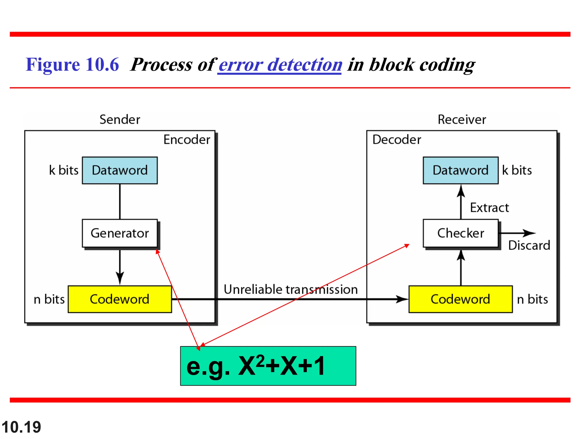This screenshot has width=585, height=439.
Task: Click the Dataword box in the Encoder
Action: click(x=120, y=170)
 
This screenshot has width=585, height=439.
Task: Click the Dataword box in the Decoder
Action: click(x=460, y=170)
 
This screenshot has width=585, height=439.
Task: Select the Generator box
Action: click(x=120, y=233)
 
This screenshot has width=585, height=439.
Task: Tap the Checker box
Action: click(x=460, y=233)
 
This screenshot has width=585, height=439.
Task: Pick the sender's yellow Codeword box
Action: click(x=120, y=299)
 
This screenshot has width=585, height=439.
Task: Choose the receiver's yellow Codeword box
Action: click(x=460, y=299)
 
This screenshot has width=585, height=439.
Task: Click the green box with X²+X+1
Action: click(x=268, y=366)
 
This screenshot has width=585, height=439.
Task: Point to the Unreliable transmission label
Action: click(x=291, y=290)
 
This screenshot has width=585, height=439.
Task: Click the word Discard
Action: click(x=529, y=246)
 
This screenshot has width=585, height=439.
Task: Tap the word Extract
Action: click(x=489, y=208)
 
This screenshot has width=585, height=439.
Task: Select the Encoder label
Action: click(x=187, y=140)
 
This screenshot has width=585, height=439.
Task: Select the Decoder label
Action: click(x=396, y=140)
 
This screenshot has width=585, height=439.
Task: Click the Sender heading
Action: click(x=120, y=119)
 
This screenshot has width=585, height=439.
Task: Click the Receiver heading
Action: click(x=462, y=119)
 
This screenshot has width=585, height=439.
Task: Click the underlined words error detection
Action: click(x=280, y=65)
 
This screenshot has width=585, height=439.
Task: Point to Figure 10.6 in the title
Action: click(x=72, y=65)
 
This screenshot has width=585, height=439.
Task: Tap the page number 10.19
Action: click(x=21, y=427)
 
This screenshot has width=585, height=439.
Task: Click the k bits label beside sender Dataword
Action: click(x=64, y=170)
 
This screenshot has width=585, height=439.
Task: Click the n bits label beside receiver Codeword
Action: click(x=532, y=300)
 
